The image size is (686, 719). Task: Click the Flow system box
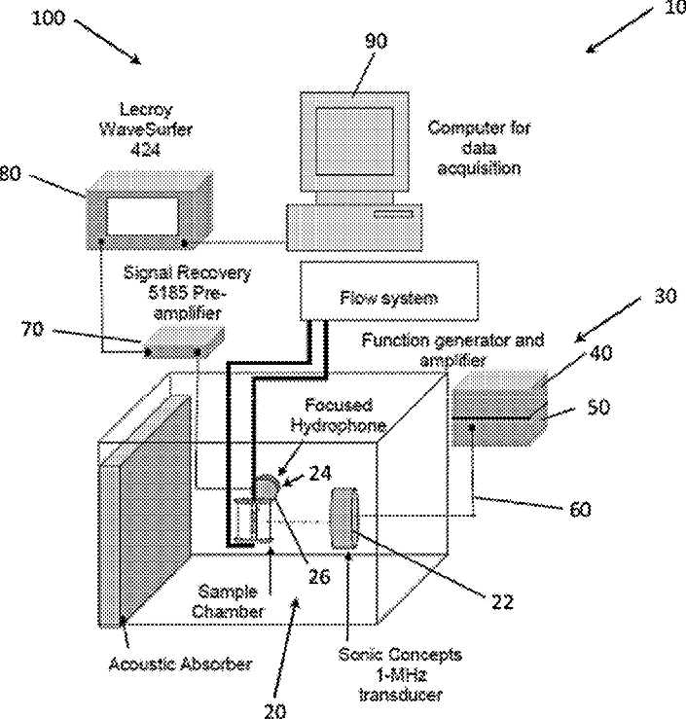(x=389, y=291)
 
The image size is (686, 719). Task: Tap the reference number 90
(x=376, y=41)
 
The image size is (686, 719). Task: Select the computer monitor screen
(x=354, y=141)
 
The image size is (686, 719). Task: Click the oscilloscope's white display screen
(x=142, y=216)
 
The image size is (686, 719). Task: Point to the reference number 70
(x=32, y=329)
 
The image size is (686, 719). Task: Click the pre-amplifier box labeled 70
(x=184, y=342)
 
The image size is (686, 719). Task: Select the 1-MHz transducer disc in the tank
(x=344, y=519)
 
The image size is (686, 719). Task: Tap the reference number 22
(x=502, y=602)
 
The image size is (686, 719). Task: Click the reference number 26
(x=319, y=576)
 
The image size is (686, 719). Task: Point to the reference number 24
(x=320, y=473)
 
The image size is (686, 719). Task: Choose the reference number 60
(x=580, y=510)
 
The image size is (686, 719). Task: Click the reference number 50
(x=598, y=408)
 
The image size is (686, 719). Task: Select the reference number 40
(x=600, y=353)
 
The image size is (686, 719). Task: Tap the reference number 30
(x=666, y=296)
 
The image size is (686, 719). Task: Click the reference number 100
(x=49, y=18)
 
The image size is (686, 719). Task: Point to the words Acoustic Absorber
(x=180, y=664)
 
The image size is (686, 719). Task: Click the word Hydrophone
(x=339, y=426)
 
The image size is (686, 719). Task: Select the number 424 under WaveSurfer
(x=145, y=150)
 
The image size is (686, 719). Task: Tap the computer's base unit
(x=354, y=228)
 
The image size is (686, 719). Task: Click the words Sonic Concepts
(x=400, y=655)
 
